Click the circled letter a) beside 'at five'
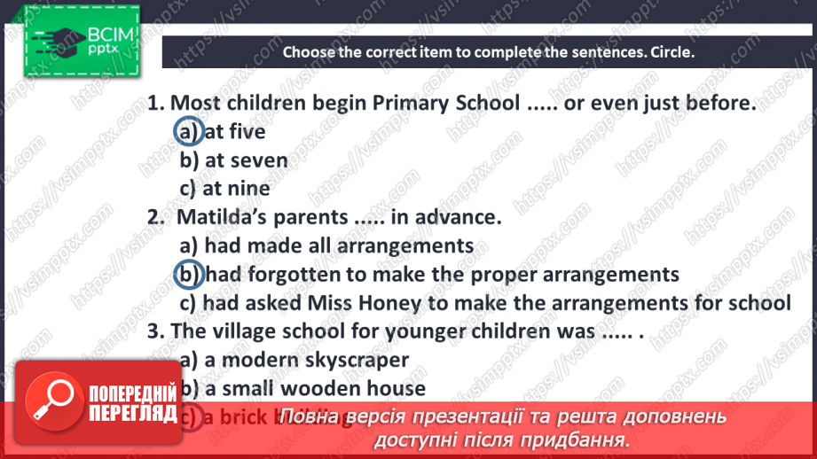(189, 132)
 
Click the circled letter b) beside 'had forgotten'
(189, 274)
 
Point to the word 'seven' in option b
(258, 160)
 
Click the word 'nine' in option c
(249, 189)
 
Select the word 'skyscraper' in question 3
(359, 360)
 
